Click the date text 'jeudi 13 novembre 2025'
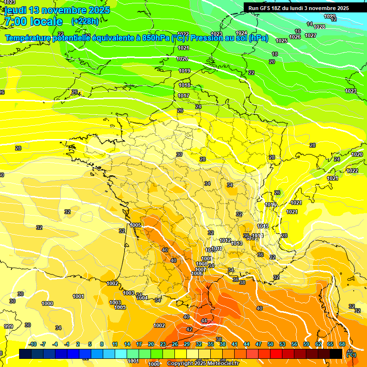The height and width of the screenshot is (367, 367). pos(57,10)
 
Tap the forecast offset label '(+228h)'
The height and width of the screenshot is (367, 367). pos(85,21)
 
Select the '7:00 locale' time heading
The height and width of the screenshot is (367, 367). pos(33,22)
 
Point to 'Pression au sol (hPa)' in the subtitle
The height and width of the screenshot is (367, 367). pos(229,38)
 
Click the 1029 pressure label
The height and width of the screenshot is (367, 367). pos(330,16)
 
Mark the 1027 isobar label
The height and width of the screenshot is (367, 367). pos(311,35)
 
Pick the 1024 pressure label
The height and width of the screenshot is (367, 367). pos(242,33)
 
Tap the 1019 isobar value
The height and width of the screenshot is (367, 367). pos(184,71)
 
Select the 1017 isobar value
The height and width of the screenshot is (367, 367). pos(183,96)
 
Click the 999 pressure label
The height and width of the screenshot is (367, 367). pos(9,326)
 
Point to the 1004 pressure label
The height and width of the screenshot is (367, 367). pos(142,298)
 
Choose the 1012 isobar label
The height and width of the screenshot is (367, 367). pos(226,240)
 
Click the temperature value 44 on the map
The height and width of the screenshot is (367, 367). pos(205,321)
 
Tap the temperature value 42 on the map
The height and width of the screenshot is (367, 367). pos(189,329)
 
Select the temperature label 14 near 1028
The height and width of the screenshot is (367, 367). pos(310,24)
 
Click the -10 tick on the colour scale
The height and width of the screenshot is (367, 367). pos(32,344)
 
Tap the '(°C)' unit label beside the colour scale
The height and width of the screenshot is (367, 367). pos(351,355)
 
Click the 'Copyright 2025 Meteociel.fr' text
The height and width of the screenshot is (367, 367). pos(203,363)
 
